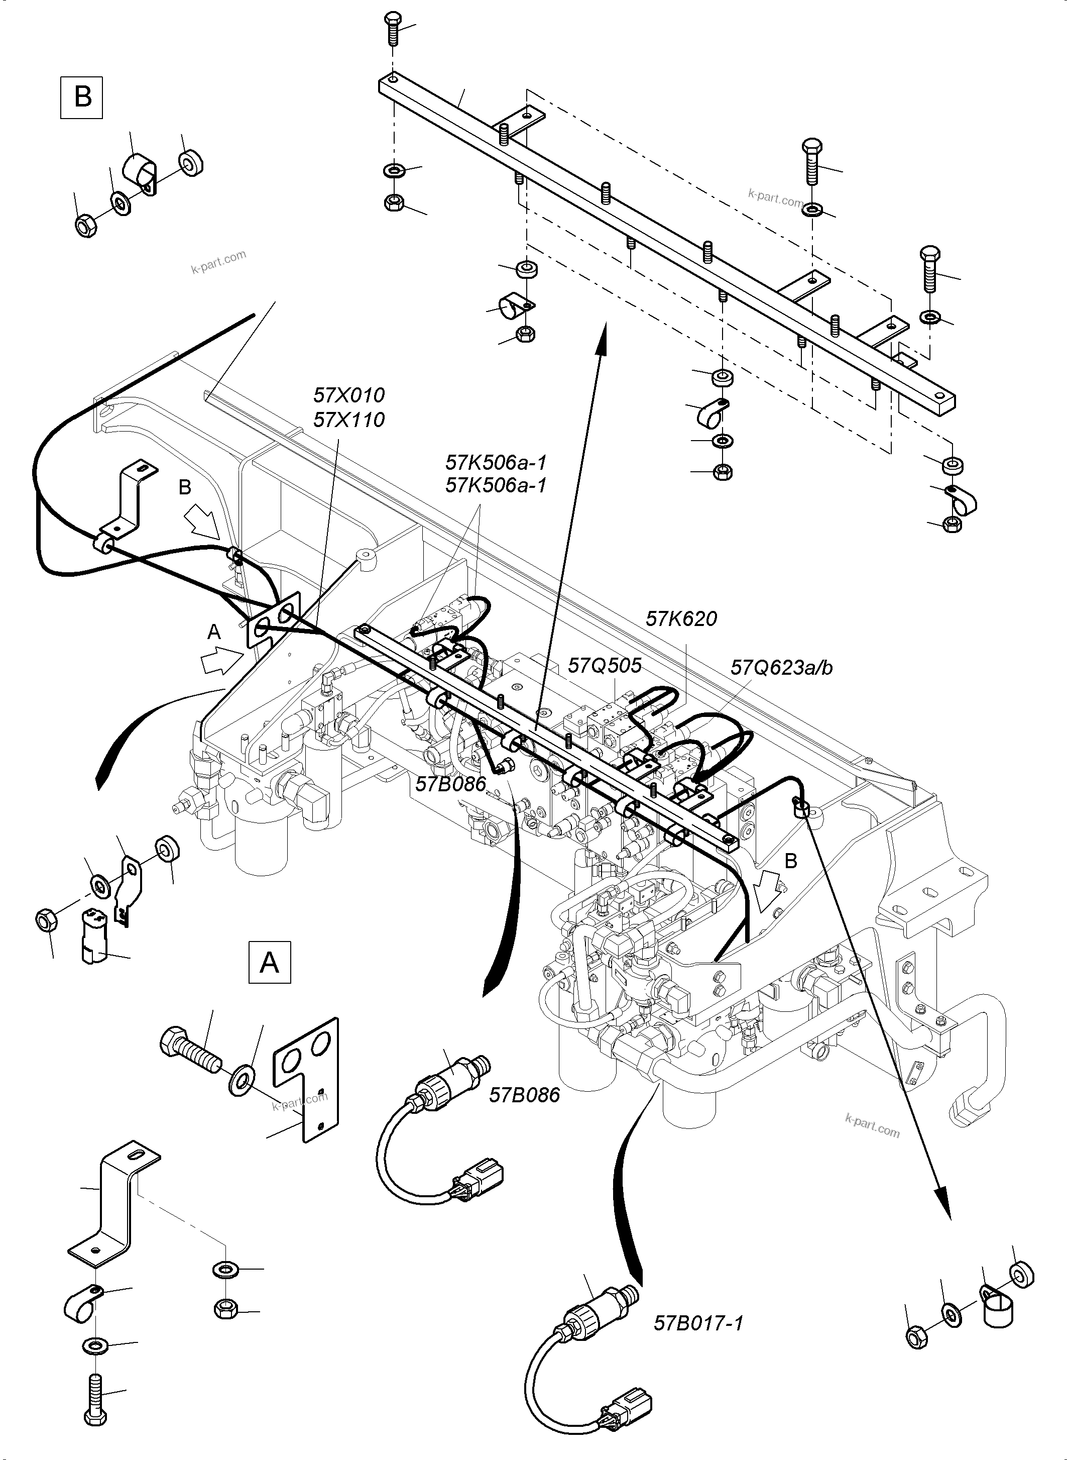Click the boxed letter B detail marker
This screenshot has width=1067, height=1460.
pos(81,97)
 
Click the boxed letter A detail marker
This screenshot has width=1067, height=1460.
pos(269,962)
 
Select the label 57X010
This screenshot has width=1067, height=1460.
pos(349,395)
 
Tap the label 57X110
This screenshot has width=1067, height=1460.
pos(349,420)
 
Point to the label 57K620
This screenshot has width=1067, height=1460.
pos(681,618)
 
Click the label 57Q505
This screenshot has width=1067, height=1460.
pos(605,665)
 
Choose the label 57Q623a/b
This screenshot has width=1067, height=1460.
pos(781,667)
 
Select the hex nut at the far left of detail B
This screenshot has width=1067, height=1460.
pos(86,226)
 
